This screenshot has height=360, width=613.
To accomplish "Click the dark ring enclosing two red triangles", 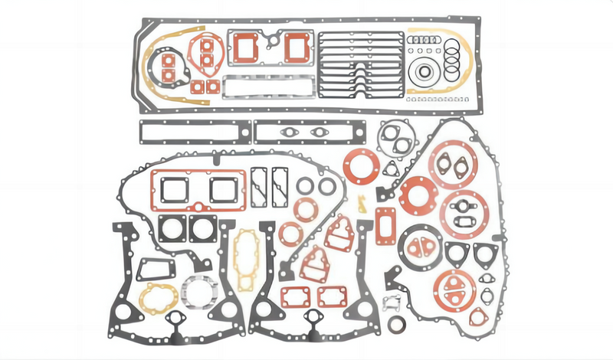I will coord(418,246).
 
